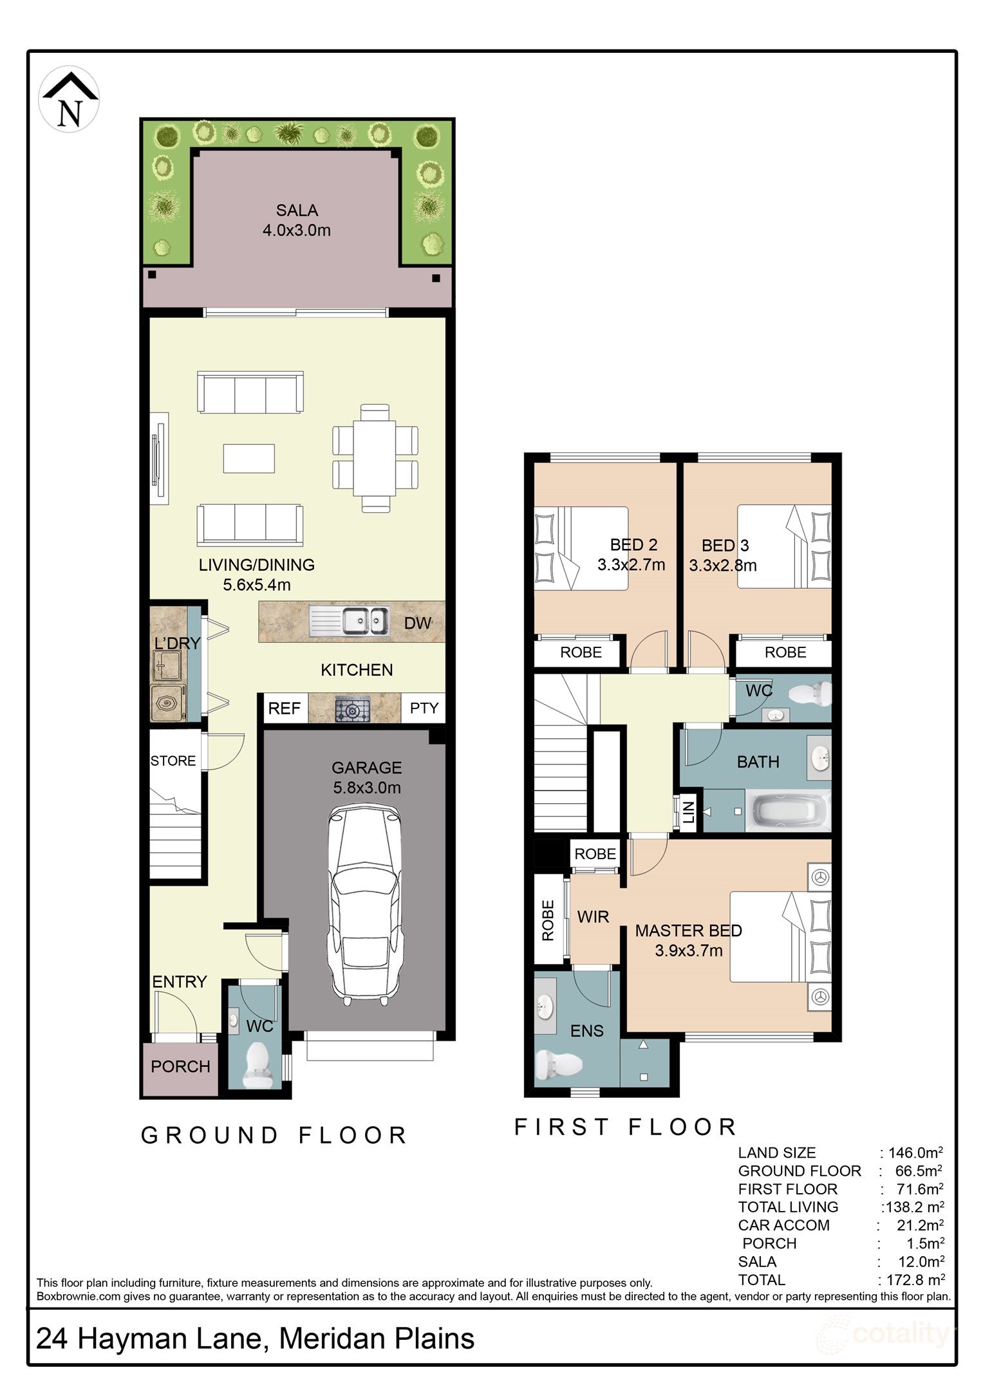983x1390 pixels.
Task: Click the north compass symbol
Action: point(69,100)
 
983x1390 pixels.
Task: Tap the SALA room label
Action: point(297,210)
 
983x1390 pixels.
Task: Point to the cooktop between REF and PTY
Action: point(353,709)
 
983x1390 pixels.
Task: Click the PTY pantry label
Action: point(424,708)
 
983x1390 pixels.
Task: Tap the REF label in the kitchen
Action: point(284,709)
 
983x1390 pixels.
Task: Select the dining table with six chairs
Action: point(375,458)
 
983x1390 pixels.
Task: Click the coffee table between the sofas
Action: point(249,458)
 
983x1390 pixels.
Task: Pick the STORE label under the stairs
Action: point(173,761)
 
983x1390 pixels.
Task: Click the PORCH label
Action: point(180,1066)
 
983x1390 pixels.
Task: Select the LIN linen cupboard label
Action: point(688,813)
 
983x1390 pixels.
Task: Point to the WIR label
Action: point(593,916)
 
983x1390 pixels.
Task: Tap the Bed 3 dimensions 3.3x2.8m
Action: point(722,566)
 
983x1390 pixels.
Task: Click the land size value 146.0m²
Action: point(915,1153)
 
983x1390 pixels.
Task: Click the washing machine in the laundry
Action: point(169,703)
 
